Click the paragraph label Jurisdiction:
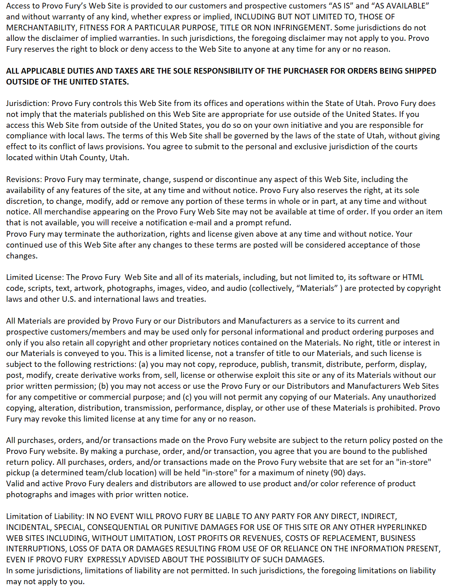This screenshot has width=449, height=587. [x=28, y=103]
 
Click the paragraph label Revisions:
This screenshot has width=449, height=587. [x=24, y=179]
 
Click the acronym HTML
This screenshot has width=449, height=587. [x=413, y=277]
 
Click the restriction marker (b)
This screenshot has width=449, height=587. [x=103, y=386]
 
